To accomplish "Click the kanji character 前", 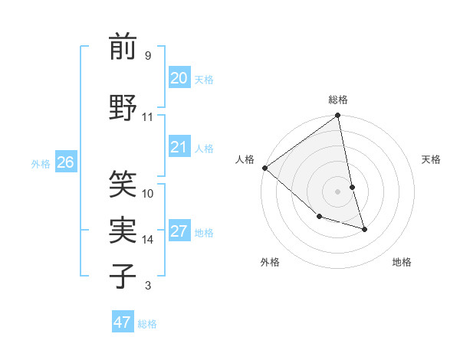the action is tap(123, 47).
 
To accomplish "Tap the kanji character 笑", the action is tap(123, 183).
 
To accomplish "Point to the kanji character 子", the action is tap(123, 276).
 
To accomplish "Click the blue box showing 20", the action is tap(179, 77).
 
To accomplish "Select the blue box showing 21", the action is tap(179, 147).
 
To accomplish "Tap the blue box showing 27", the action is tap(179, 232).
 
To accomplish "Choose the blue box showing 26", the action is tap(65, 162).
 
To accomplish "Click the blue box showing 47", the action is tap(123, 322).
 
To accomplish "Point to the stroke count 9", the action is tap(147, 56).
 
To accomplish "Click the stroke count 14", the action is tap(148, 240).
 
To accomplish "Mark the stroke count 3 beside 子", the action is tap(147, 286).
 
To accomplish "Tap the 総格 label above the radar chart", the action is tap(338, 100).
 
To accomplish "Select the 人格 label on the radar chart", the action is tap(245, 159).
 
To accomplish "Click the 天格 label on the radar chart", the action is tap(432, 159).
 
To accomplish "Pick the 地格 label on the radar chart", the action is tap(402, 262).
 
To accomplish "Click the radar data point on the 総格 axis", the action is tap(338, 116).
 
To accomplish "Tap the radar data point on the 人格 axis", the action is tap(264, 168).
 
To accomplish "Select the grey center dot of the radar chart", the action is tap(337, 191).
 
